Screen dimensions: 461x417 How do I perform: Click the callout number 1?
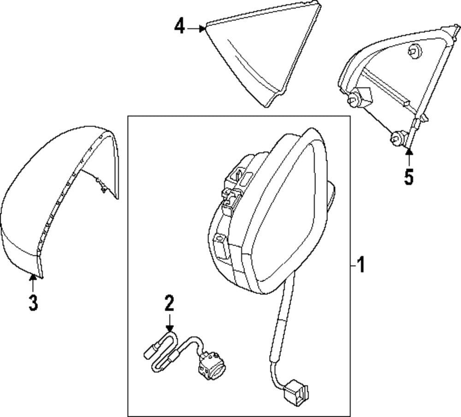tap(361, 264)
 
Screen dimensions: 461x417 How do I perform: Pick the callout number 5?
tap(409, 177)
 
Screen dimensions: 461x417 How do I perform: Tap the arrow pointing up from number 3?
tap(33, 283)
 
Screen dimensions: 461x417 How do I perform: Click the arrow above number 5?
tap(409, 158)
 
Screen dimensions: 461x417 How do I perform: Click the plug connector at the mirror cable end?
tap(297, 390)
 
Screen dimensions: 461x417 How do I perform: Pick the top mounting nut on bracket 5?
tap(414, 53)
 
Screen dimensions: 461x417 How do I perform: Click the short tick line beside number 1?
tap(354, 265)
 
